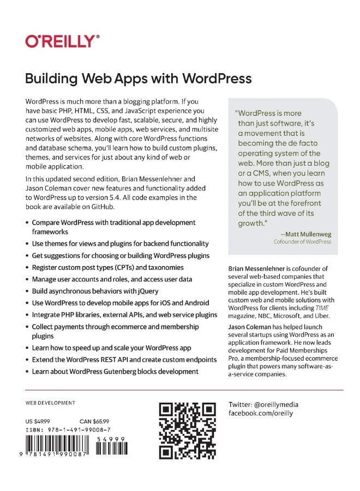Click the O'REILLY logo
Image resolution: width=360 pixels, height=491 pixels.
[62, 41]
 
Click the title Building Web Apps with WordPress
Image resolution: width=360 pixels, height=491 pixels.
[139, 79]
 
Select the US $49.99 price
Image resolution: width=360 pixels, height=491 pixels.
[38, 421]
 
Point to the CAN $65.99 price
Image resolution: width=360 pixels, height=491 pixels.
[94, 421]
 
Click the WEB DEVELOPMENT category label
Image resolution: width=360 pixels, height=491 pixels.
[50, 403]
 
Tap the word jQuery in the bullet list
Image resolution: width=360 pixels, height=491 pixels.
[141, 291]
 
